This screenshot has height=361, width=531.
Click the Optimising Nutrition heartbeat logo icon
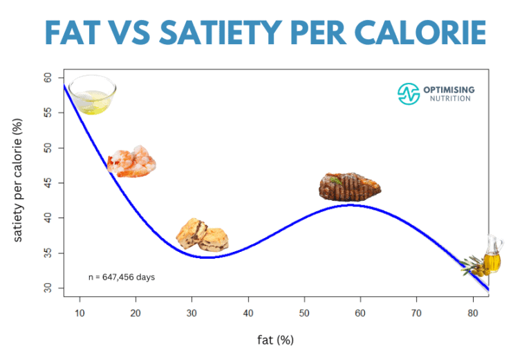tap(409, 94)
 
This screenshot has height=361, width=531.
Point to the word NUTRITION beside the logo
tap(449, 99)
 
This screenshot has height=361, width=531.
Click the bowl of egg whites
tap(92, 95)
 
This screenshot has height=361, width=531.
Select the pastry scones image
tap(202, 234)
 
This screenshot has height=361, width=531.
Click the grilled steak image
tap(350, 186)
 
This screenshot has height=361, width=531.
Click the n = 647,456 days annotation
tap(122, 277)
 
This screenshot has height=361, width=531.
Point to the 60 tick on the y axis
tap(48, 78)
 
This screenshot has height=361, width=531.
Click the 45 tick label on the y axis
tap(48, 183)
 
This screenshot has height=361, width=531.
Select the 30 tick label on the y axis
tap(48, 288)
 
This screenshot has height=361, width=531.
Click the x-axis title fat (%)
tap(275, 340)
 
